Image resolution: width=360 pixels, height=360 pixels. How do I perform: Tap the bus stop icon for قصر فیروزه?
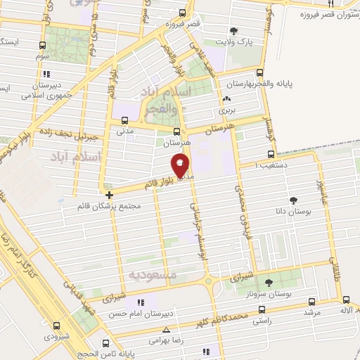pos(183,13)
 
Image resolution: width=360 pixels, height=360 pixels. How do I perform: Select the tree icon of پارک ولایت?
pos(233,31)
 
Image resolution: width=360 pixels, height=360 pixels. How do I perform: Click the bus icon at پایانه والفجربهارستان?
pos(260,72)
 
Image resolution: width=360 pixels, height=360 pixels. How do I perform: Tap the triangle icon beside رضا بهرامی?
pos(167,329)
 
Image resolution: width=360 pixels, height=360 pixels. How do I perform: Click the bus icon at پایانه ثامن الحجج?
pos(105,343)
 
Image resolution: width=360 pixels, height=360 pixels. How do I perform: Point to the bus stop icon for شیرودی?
pos(56,325)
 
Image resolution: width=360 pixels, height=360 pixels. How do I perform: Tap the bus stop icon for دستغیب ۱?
pos(271,155)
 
